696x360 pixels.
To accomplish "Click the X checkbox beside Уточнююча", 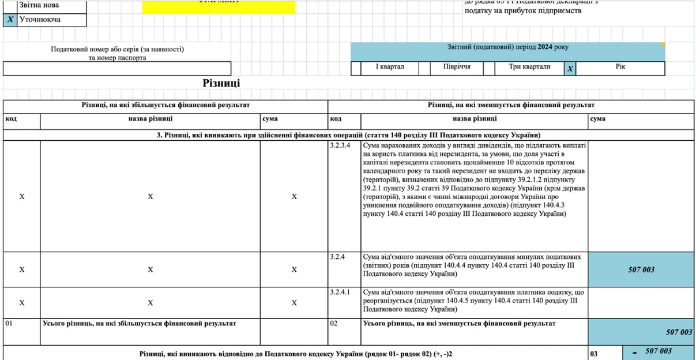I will point(10,20).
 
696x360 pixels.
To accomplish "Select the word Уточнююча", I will point(40,20).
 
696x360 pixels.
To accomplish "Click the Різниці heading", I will point(221,83).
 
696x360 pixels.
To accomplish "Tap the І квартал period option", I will point(390,67).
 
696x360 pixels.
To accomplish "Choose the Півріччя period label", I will point(457,67).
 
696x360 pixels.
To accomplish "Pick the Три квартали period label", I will point(529,67).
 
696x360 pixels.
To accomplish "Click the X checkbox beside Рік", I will point(570,69).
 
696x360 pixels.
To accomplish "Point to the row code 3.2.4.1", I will point(340,292).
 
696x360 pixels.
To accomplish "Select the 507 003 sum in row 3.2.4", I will point(641,269).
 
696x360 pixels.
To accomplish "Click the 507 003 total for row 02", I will point(679,332).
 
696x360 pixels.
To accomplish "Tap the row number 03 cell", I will point(594,352).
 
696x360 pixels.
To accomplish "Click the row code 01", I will point(9,324).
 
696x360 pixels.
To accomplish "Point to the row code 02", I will point(334,324).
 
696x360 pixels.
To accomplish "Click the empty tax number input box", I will point(116,69).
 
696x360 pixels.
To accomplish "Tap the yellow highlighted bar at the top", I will point(219,7).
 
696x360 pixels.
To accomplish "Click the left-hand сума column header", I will point(270,119).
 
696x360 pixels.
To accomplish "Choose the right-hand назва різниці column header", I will point(474,119).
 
